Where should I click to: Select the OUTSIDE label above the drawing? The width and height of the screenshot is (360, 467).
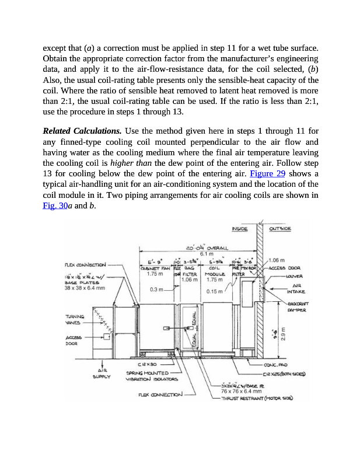click(280, 228)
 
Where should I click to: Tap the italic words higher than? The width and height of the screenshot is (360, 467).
click(128, 163)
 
